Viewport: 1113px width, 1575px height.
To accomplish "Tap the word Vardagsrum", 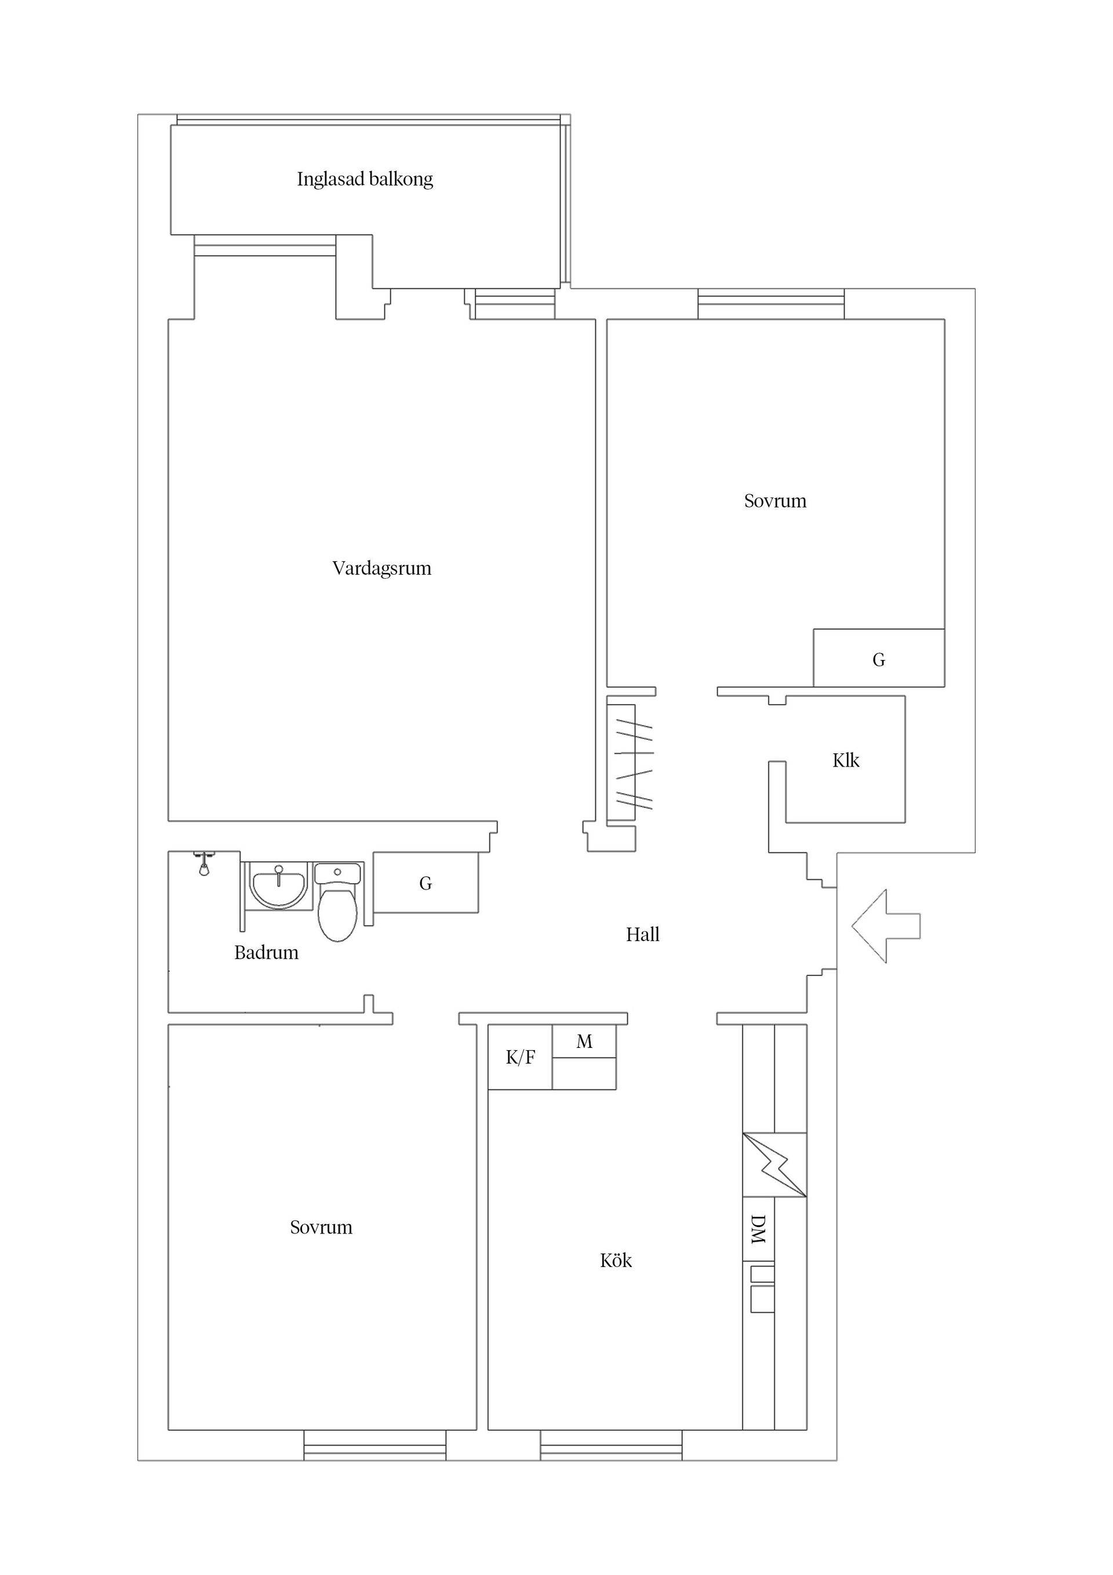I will point(381,569).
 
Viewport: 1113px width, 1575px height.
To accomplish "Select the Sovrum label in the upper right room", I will point(775,502).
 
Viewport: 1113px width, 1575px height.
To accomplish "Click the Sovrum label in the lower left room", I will point(321,1228).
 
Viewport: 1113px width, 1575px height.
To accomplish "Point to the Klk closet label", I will point(846,761).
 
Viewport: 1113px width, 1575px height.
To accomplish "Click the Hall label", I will point(642,935).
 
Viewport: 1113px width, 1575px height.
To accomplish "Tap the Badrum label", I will point(266,953).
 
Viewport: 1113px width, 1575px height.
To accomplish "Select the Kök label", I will point(616,1261).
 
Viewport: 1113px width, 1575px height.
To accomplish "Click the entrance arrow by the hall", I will point(885,926).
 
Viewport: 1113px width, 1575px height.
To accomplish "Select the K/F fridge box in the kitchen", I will point(520,1058).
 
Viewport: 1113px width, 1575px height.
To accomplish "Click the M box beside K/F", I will point(584,1043).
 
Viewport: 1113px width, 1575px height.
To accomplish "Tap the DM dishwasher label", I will point(758,1229).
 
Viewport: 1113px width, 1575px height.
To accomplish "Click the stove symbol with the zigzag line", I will point(774,1165).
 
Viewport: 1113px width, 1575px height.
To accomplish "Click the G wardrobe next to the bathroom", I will point(425,884).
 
